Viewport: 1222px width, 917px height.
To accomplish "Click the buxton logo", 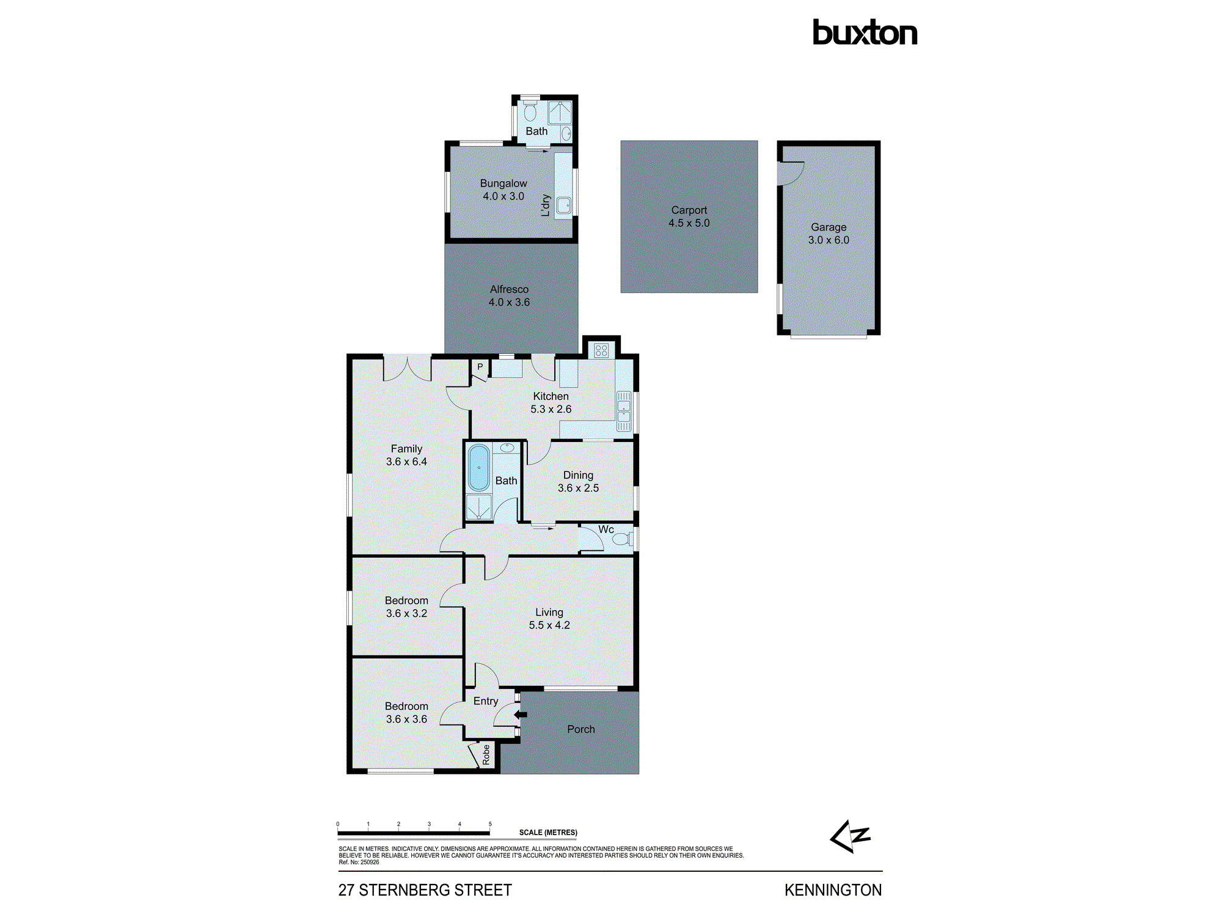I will click(x=865, y=33).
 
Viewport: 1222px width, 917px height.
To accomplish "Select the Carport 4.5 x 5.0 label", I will click(x=689, y=216).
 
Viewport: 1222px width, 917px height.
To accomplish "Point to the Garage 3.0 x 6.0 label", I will click(x=828, y=234).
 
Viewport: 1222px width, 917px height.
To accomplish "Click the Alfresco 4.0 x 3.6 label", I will click(x=509, y=296).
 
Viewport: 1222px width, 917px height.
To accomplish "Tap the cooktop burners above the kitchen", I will click(x=601, y=350).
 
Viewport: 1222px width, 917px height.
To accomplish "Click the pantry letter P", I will click(x=480, y=367).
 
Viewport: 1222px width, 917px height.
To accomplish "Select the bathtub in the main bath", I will click(x=478, y=468).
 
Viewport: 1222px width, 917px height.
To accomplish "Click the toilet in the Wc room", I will click(x=621, y=539).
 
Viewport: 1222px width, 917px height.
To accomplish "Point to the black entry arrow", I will click(x=520, y=714).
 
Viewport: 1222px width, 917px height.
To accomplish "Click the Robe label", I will click(x=486, y=755).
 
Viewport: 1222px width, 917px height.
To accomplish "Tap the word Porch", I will click(x=580, y=729).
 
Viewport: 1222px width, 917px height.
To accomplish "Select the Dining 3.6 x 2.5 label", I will click(x=578, y=482).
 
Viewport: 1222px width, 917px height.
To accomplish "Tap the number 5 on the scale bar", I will click(x=490, y=824).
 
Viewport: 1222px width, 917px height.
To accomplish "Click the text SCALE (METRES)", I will click(x=548, y=833).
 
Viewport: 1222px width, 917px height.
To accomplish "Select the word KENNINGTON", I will click(x=833, y=890).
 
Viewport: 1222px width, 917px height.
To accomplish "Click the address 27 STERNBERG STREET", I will click(x=425, y=890).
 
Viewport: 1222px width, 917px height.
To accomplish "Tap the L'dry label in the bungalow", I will click(x=546, y=205).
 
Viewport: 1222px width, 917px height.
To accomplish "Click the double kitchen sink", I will click(x=623, y=411).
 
